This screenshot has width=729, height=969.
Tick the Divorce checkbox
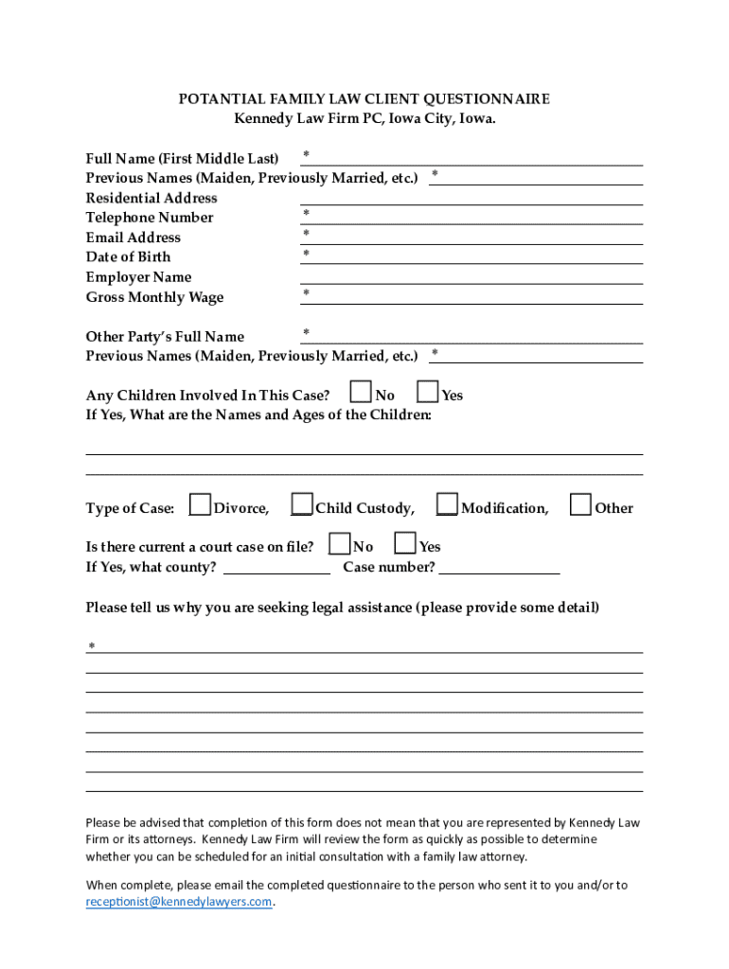point(200,505)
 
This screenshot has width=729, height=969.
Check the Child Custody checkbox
point(302,505)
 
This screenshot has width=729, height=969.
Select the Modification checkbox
point(447,505)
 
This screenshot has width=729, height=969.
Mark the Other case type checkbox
point(580,505)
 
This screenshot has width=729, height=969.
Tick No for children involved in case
point(361,392)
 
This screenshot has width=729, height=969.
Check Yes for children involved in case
point(428,392)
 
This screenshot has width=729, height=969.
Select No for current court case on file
point(339,543)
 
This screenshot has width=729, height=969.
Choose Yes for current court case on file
point(405,543)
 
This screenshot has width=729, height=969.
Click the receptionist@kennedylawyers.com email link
point(179,902)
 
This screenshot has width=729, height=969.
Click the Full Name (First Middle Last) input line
point(471,158)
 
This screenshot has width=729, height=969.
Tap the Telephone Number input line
point(471,218)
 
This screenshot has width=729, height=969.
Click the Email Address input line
point(471,238)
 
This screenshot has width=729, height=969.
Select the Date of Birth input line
point(471,256)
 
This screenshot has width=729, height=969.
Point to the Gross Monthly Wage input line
point(471,297)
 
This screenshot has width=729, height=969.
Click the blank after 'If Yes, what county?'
point(276,568)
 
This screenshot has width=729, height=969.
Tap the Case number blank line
point(499,568)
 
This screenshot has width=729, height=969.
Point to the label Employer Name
point(138,277)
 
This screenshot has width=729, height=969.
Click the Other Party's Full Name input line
point(471,337)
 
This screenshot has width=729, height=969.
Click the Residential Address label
point(151,198)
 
